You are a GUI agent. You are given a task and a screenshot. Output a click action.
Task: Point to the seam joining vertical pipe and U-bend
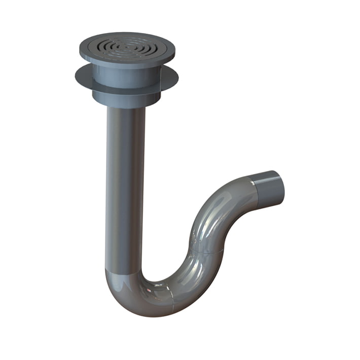pos(124,269)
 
